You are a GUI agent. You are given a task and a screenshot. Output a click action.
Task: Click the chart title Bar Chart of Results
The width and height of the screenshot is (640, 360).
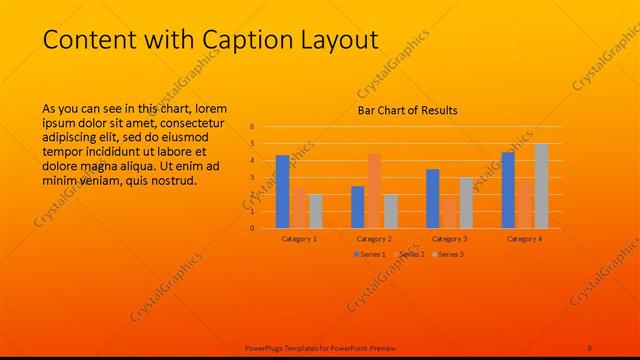point(407,110)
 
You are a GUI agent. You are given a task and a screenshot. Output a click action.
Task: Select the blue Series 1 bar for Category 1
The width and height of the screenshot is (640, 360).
point(283,191)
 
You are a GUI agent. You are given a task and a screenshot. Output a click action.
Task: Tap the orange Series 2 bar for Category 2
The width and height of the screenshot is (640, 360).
point(374,190)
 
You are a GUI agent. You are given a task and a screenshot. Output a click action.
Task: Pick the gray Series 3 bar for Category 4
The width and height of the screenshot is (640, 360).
point(541,186)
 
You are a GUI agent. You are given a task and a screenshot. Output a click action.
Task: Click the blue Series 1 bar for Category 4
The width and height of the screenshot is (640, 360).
point(508,190)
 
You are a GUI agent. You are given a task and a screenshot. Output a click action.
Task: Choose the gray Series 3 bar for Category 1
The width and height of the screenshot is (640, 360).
point(316,211)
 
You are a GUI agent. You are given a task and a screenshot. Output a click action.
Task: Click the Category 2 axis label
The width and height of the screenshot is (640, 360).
point(374,239)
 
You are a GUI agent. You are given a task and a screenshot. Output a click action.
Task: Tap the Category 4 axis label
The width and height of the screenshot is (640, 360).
point(524,239)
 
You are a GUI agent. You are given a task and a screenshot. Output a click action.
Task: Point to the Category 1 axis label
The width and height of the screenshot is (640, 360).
point(299,239)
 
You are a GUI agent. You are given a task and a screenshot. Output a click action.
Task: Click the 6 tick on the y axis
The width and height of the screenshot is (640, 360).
point(253,127)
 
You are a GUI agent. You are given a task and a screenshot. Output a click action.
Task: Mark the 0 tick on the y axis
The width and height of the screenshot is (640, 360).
point(253,228)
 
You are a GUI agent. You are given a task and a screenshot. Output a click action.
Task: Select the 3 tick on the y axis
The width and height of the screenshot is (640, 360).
point(253,178)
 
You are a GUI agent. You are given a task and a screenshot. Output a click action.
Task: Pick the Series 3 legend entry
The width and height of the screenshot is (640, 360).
point(450,255)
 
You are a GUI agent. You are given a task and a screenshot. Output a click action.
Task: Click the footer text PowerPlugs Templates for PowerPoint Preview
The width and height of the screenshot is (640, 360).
point(320,347)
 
